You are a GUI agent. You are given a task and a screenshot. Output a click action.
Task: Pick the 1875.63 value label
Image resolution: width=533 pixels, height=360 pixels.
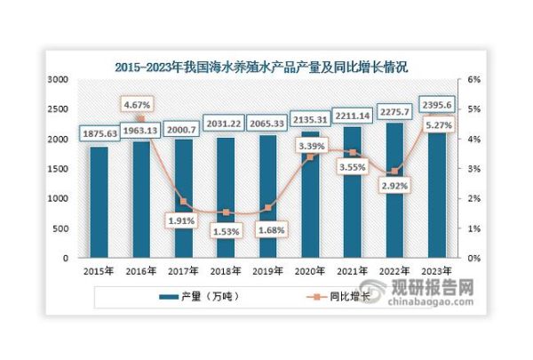pyautogui.click(x=98, y=132)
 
